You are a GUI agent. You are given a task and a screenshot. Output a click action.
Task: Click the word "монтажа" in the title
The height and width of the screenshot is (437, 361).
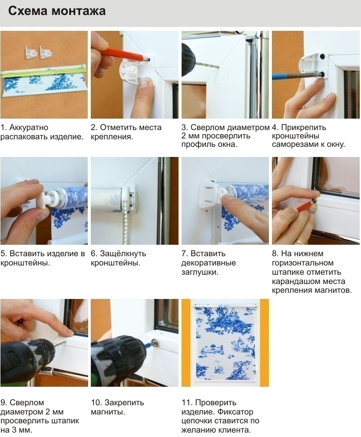point(78,11)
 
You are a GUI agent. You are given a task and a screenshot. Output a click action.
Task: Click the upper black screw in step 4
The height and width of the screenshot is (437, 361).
point(322,57)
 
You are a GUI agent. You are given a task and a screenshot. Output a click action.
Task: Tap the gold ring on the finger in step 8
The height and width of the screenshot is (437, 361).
point(299,241)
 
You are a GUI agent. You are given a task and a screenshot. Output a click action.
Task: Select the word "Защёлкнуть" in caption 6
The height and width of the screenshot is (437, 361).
point(123,254)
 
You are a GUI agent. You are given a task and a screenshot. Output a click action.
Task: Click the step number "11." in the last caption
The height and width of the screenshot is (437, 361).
point(187,403)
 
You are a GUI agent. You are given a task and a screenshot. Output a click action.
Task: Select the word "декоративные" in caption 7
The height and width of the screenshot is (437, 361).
point(208,263)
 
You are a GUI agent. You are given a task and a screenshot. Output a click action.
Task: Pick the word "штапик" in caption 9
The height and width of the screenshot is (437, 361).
point(65,421)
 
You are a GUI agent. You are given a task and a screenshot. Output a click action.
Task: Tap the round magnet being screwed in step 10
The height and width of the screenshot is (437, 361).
point(154,342)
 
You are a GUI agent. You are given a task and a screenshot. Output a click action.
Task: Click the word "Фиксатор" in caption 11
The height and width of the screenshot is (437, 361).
point(235,411)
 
